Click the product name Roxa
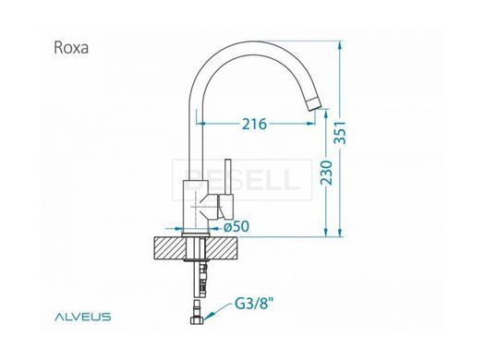point(71,48)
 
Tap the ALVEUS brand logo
point(83,317)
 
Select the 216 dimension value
point(254,124)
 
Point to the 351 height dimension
point(341,133)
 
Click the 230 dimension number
point(327,173)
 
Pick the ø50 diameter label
point(236,227)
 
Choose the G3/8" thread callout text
point(254,304)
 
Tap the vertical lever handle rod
point(228,176)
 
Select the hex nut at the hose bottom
point(197,321)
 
